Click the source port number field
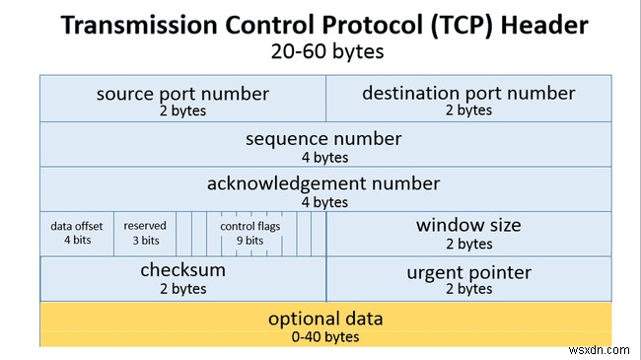coord(182,101)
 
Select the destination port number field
coord(467,101)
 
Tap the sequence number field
coord(323,145)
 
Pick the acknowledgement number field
coord(323,190)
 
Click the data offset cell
coord(77,233)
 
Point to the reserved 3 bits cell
coord(145,233)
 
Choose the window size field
coord(467,233)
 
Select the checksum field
coord(182,277)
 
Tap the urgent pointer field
coord(467,279)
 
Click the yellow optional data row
coord(323,325)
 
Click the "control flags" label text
coord(250,226)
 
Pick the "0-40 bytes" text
coord(324,336)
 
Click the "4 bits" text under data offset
coord(77,241)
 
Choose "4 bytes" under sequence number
coord(324,156)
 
